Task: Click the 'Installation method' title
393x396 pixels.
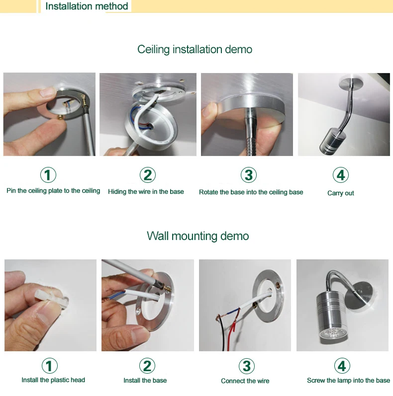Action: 87,6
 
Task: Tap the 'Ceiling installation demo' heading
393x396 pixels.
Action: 195,50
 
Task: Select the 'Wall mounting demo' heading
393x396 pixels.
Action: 198,236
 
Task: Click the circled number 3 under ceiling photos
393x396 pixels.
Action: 249,175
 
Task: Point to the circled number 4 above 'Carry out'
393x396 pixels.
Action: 341,175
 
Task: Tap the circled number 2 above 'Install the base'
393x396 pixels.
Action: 147,366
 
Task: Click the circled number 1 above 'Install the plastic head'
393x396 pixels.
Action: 50,366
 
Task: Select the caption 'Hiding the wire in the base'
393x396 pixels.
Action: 146,192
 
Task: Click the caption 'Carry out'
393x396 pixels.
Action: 341,193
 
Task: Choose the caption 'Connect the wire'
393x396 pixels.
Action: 245,381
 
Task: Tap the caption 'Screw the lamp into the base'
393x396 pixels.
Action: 349,380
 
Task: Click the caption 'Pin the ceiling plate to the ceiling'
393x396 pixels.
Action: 53,191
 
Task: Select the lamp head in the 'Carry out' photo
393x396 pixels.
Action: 333,141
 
